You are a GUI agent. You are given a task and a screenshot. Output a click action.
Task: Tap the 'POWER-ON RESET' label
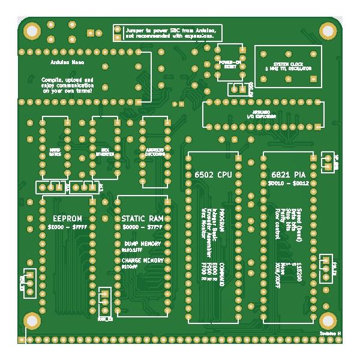pos(230,64)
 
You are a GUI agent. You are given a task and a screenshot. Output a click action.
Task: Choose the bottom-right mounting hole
pos(328,320)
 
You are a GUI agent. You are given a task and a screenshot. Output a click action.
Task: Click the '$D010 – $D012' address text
pos(287,183)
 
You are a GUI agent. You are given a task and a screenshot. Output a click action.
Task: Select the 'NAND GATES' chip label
pos(55,150)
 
